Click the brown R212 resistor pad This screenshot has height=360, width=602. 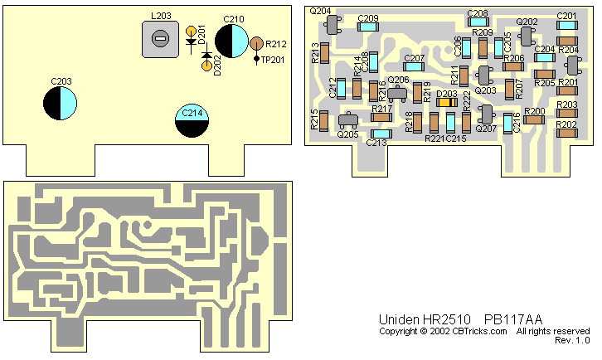click(257, 43)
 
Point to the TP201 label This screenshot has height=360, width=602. click(273, 59)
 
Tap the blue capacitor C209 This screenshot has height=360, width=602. click(368, 27)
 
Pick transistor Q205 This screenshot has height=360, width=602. click(348, 121)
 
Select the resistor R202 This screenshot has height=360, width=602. click(567, 134)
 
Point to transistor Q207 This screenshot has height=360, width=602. click(487, 114)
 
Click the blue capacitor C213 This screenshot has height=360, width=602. click(381, 133)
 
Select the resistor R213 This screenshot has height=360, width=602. click(326, 54)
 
